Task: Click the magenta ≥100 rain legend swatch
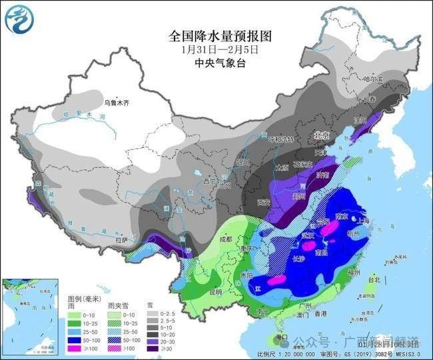point(75,348)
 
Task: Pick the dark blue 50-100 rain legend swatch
point(75,339)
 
